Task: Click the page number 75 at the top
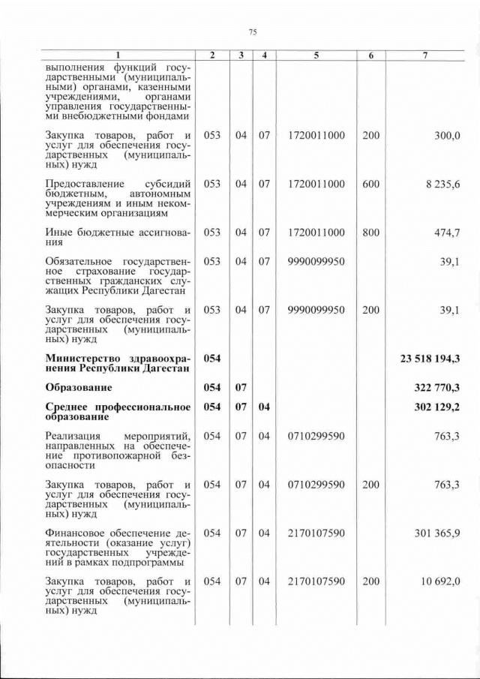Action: [253, 32]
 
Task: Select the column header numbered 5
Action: [316, 56]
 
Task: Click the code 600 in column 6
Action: [370, 184]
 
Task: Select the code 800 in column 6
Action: [370, 233]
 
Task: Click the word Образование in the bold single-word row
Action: [79, 387]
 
